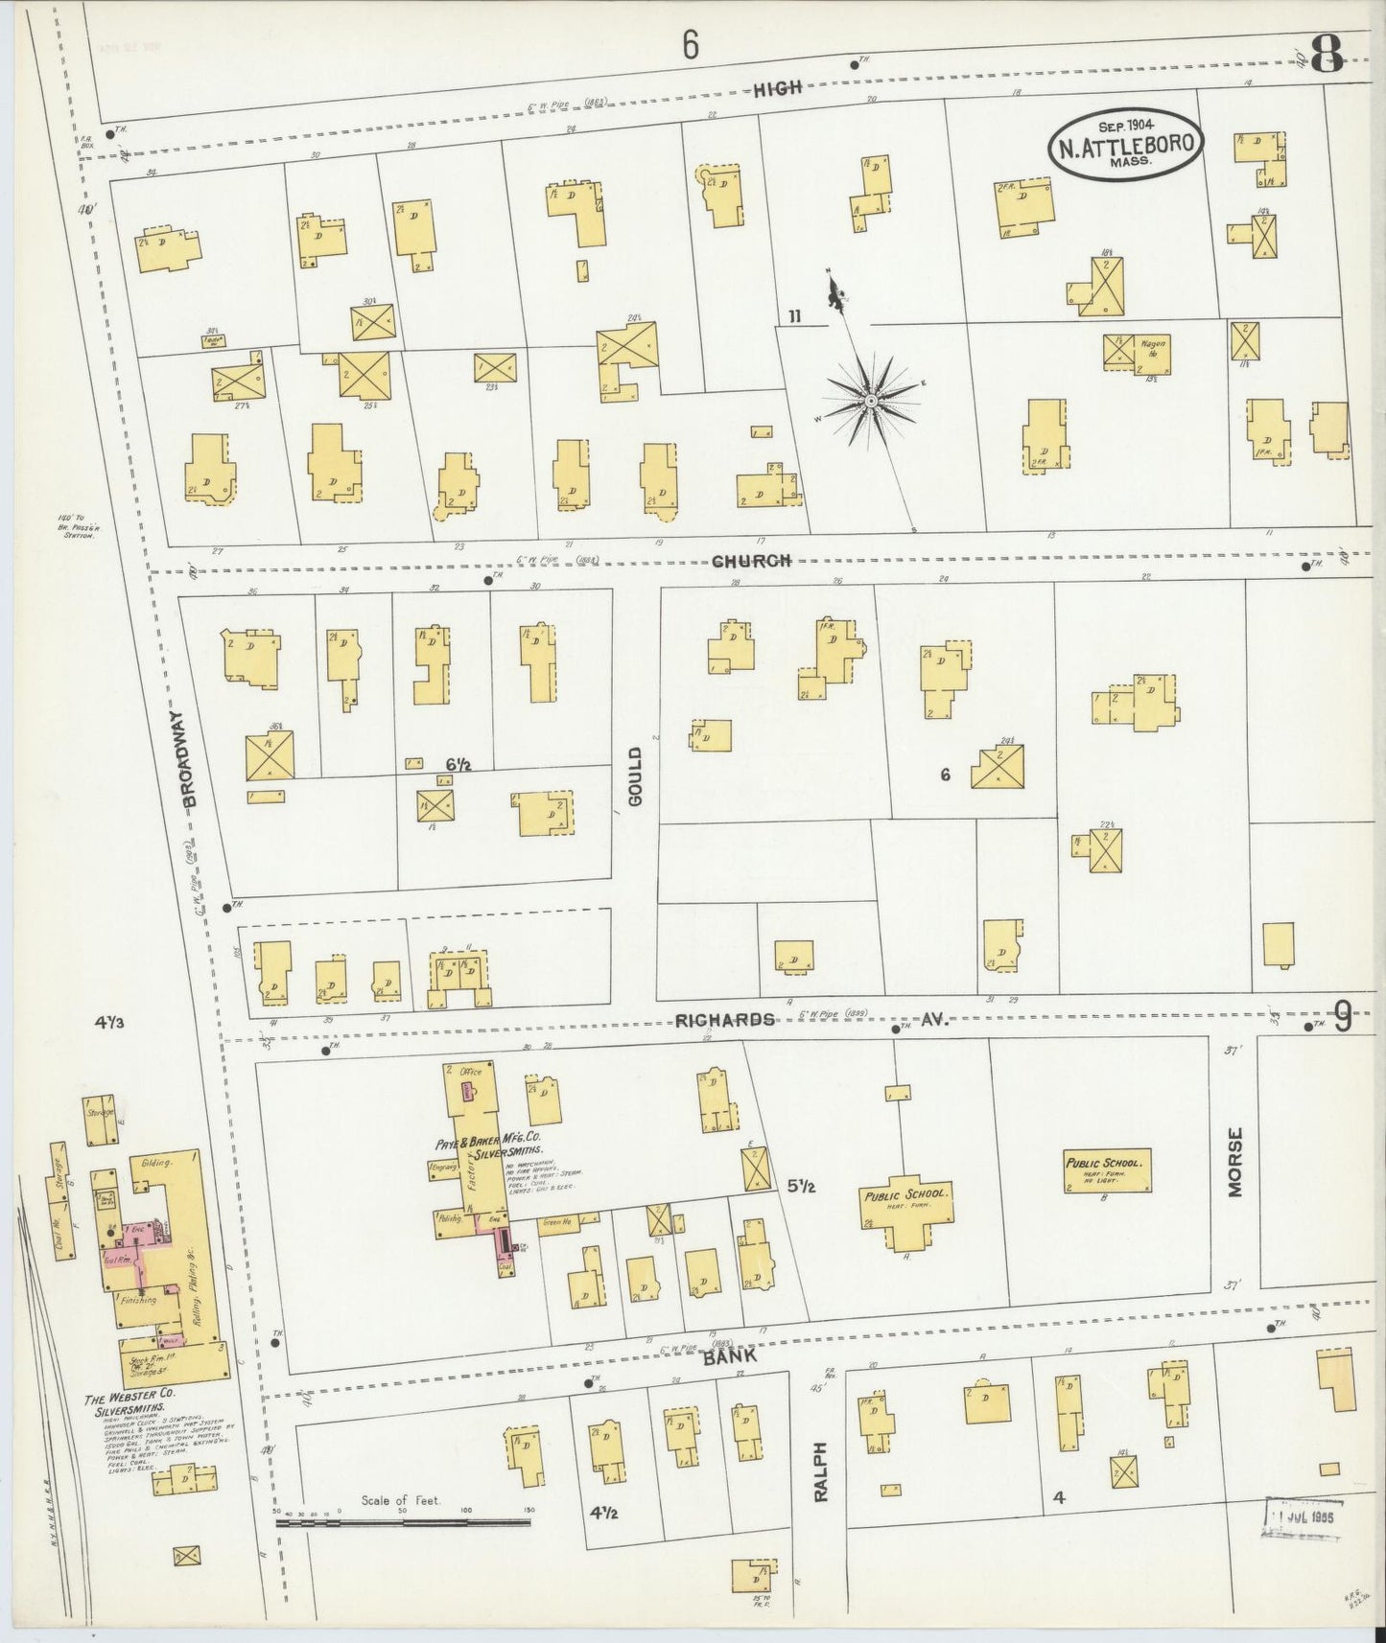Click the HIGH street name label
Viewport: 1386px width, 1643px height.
(x=777, y=89)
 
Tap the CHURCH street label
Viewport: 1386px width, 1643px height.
(x=751, y=561)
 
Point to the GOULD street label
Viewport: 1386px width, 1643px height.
(x=635, y=776)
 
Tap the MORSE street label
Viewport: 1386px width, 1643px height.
(x=1233, y=1161)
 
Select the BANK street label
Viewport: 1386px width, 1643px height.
(x=729, y=1356)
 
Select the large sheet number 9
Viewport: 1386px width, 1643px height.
(x=1342, y=1017)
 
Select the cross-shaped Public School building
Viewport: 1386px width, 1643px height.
(x=906, y=1199)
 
